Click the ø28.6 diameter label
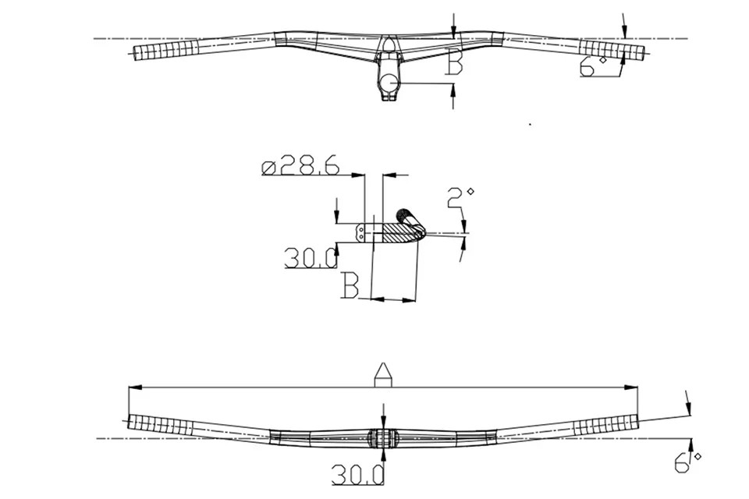[x=301, y=166]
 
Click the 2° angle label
[x=460, y=197]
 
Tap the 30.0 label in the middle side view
[x=311, y=258]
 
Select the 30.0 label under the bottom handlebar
[x=358, y=475]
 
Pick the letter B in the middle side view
[x=350, y=285]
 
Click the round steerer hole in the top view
[x=390, y=82]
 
